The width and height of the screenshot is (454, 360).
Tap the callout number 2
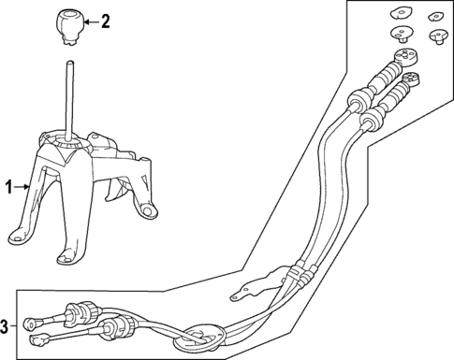pyautogui.click(x=105, y=20)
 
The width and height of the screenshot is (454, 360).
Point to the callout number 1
pyautogui.click(x=10, y=188)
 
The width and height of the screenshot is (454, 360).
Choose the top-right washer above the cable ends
pyautogui.click(x=435, y=16)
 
